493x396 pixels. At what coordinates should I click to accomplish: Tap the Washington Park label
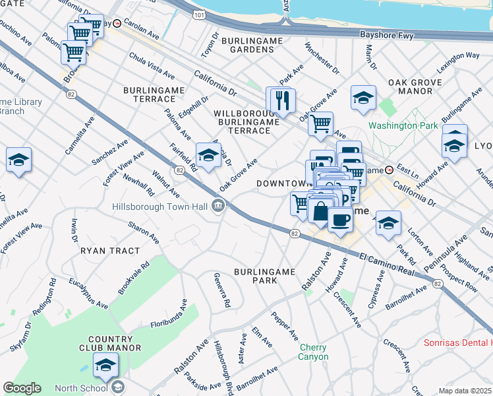pos(402,125)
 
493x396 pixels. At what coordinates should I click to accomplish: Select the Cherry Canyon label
pos(314,352)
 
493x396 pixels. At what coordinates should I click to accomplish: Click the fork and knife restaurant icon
pos(283,100)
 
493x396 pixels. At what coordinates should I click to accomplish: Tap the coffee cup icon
pos(340,218)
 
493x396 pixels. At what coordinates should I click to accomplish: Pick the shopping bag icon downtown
pos(320,213)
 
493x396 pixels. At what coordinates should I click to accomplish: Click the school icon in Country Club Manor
pos(105,364)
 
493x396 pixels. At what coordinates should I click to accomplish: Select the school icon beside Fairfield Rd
pos(208,155)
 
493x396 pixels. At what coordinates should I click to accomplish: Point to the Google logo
pos(22,388)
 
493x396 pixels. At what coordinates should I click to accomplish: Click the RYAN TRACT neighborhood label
pos(110,251)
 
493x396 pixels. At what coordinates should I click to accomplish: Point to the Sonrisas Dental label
pos(457,343)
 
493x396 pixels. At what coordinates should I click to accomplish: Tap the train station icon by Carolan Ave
pos(117,23)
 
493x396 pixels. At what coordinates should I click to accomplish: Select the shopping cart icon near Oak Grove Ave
pos(320,123)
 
